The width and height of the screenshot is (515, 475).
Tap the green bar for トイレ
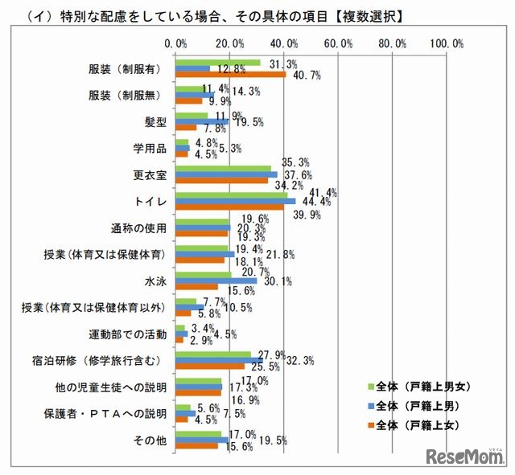point(231,195)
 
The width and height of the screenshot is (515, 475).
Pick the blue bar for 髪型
point(201,121)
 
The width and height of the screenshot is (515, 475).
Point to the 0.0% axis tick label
point(175,43)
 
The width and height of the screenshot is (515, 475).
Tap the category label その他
point(150,440)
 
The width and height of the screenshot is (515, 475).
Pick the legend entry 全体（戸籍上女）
point(418,424)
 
